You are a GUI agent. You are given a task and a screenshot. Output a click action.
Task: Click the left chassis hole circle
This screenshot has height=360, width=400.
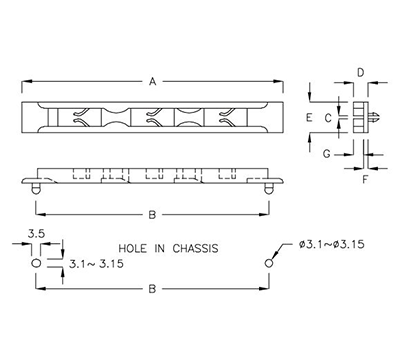38,262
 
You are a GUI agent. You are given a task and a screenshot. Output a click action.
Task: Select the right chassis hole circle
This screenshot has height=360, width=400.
267,262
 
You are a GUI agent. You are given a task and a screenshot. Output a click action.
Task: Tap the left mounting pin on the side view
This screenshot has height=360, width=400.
38,185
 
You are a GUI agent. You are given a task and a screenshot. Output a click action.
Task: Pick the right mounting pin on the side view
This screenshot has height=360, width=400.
267,185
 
